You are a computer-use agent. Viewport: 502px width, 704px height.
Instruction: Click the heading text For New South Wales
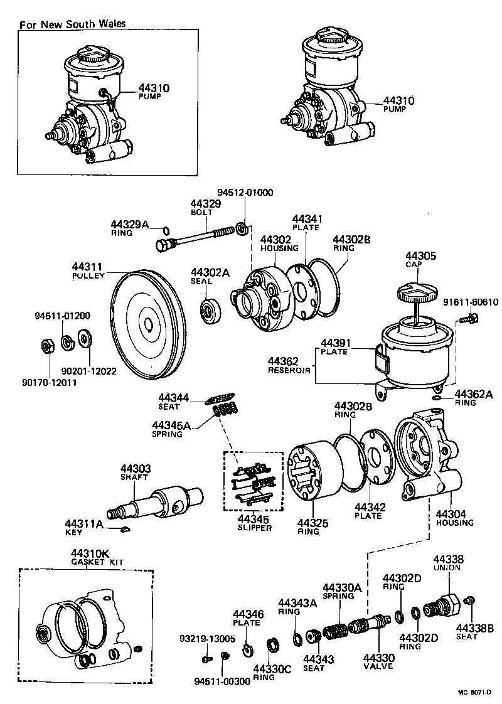[x=73, y=24]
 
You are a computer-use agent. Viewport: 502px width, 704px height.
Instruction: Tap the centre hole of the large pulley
[x=148, y=324]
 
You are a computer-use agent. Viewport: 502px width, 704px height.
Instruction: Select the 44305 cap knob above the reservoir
[x=416, y=292]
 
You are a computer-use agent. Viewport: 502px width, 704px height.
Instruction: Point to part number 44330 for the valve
[x=378, y=657]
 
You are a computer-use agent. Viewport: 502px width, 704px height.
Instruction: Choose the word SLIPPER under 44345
[x=255, y=528]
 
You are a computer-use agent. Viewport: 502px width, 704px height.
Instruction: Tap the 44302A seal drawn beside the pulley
[x=210, y=310]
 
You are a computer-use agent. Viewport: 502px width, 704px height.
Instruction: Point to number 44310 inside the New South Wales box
[x=154, y=88]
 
